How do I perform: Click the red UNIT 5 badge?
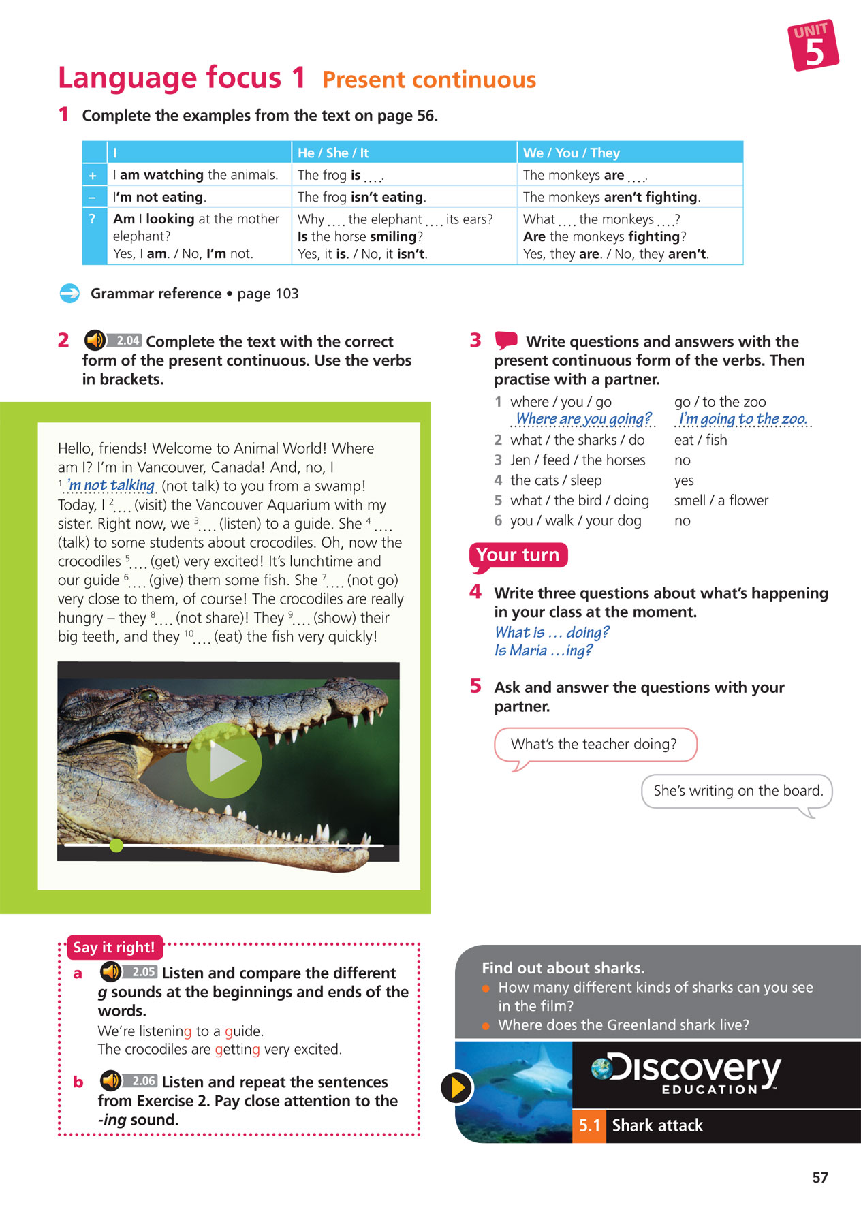coord(813,45)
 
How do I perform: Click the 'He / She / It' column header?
coord(333,153)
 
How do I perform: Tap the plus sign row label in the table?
coord(93,175)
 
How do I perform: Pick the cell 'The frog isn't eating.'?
coord(362,197)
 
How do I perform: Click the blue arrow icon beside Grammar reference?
coord(69,294)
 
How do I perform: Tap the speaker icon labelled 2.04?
coord(95,340)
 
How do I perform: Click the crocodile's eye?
coord(151,696)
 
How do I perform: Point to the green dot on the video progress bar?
coord(116,845)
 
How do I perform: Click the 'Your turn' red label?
coord(518,555)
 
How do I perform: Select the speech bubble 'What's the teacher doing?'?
coord(594,744)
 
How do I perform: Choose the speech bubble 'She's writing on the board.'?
coord(738,791)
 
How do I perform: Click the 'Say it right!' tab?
coord(114,947)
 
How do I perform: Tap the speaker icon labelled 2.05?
coord(110,971)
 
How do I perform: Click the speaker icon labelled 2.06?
coord(110,1080)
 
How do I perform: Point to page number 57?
coord(820,1178)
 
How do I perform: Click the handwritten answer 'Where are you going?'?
coord(583,418)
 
